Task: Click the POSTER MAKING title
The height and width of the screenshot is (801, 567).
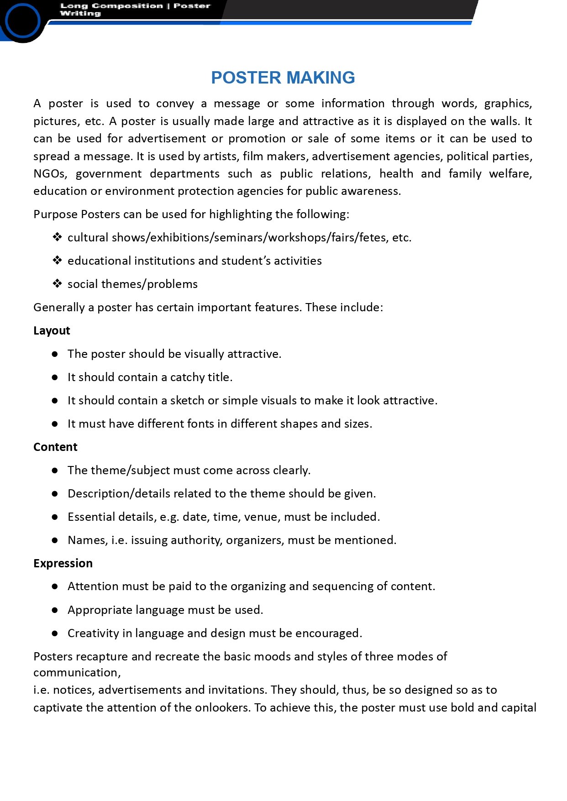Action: pos(283,78)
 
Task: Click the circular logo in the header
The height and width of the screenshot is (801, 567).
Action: pos(22,21)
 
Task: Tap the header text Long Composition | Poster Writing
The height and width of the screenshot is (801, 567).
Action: pos(135,10)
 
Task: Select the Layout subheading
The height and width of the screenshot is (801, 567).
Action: pos(52,330)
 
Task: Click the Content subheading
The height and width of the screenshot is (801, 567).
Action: pos(55,447)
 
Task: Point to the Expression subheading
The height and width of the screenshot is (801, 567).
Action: pos(63,563)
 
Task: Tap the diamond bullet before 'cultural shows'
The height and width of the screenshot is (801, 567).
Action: pos(57,237)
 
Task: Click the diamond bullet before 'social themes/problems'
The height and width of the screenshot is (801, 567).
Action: pos(57,284)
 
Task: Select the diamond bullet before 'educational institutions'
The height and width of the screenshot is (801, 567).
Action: pos(57,261)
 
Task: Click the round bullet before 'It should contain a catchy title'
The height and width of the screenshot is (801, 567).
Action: pos(55,377)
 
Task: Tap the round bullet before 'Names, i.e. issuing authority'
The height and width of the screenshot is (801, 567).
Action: pos(55,540)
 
